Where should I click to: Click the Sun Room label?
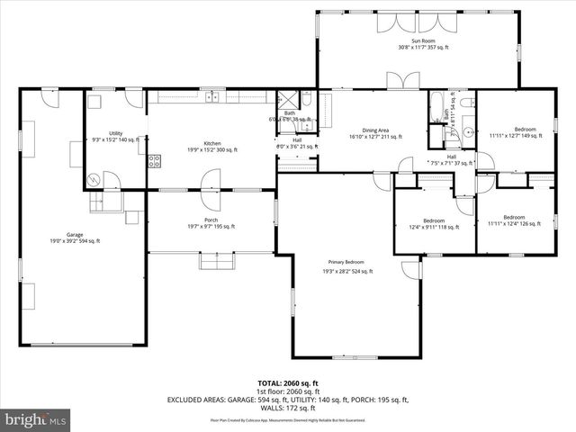[417, 41]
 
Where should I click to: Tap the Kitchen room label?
[211, 144]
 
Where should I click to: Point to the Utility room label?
[115, 133]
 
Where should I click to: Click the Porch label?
[211, 220]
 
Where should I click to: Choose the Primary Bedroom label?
[348, 264]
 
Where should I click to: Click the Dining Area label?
[375, 130]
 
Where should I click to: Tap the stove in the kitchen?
[154, 162]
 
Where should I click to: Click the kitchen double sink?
[213, 96]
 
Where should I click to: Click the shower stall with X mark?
[288, 99]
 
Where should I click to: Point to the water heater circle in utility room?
[94, 179]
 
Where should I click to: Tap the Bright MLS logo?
[36, 419]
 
